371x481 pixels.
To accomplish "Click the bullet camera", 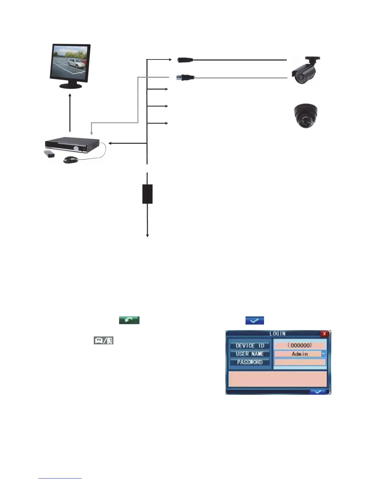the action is coord(305,70).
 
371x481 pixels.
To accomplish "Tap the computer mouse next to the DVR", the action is coord(71,159).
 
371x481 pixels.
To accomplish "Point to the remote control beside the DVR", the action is coord(49,154).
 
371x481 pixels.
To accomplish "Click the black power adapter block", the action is coord(147,194).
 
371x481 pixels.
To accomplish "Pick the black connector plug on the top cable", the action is coord(185,60).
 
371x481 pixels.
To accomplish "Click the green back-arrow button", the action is coord(129,320).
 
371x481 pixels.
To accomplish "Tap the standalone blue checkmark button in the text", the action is coord(254,320).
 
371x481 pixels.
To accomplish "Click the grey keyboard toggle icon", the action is coord(103,341).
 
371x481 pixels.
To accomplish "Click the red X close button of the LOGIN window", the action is coord(324,334).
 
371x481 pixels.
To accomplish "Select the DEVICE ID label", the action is coord(250,346).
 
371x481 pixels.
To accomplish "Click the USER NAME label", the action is coord(250,354).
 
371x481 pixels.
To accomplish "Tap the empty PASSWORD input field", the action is coord(300,362).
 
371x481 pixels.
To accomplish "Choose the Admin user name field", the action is coord(297,354).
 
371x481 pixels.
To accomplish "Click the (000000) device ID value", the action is coord(300,345).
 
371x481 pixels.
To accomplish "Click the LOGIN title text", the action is coord(277,333).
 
